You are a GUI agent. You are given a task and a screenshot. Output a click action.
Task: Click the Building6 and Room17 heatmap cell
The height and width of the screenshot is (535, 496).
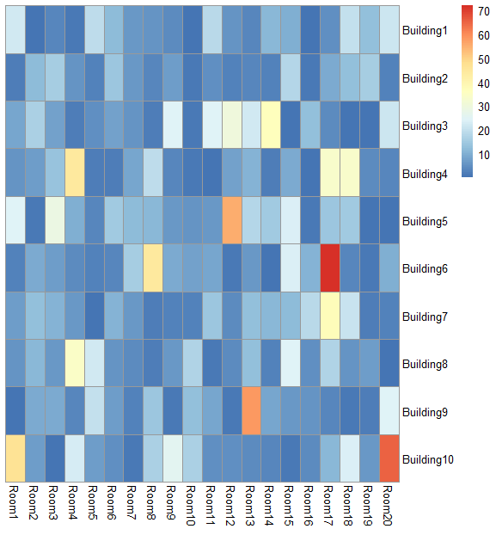tap(329, 268)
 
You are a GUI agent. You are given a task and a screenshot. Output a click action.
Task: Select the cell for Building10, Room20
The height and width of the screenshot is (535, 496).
tap(389, 458)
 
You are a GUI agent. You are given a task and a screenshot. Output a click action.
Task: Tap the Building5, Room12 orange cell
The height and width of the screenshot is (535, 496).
tap(230, 221)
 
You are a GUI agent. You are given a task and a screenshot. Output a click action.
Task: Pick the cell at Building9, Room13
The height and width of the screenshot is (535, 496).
tap(250, 411)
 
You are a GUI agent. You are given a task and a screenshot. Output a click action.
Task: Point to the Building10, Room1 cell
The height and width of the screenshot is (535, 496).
tap(14, 458)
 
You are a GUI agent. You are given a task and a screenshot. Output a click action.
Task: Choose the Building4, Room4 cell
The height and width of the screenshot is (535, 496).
tap(73, 173)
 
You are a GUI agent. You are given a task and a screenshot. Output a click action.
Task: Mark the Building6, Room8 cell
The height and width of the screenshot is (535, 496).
tap(152, 268)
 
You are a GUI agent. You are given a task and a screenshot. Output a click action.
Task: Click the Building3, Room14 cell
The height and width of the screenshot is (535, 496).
tap(270, 126)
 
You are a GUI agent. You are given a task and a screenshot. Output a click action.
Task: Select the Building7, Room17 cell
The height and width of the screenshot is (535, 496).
tap(329, 316)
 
